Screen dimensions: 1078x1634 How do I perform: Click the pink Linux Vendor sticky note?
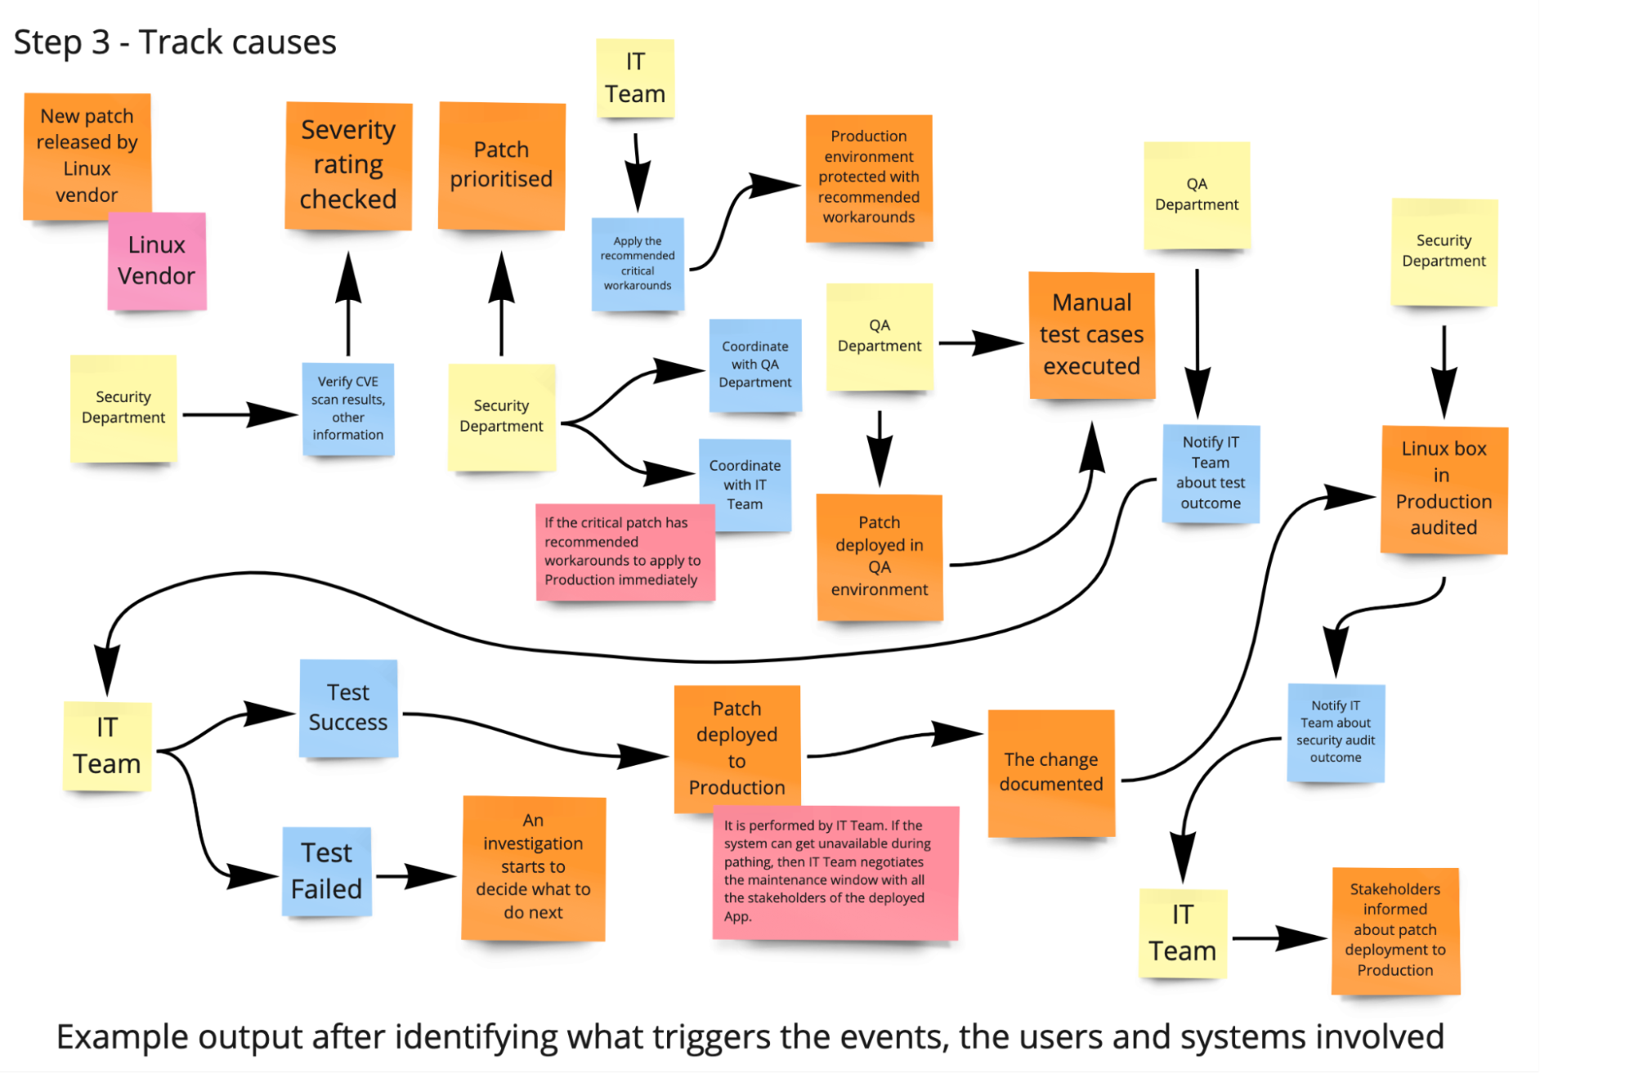pyautogui.click(x=157, y=261)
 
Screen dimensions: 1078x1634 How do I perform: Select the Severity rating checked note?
pyautogui.click(x=348, y=166)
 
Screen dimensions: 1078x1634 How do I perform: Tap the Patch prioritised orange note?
pyautogui.click(x=502, y=166)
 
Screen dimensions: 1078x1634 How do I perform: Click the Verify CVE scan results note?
pyautogui.click(x=348, y=409)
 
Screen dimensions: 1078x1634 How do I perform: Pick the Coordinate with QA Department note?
pyautogui.click(x=755, y=365)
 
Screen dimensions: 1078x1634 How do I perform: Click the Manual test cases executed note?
pyautogui.click(x=1092, y=335)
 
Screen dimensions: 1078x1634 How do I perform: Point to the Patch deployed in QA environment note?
pyautogui.click(x=880, y=557)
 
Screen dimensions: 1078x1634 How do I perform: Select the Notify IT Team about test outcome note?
pyautogui.click(x=1211, y=473)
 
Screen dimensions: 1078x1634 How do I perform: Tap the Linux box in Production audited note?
pyautogui.click(x=1444, y=489)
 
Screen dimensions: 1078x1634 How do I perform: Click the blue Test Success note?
pyautogui.click(x=348, y=708)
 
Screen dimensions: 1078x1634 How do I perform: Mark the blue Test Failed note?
pyautogui.click(x=327, y=871)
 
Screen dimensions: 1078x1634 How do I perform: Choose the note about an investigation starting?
pyautogui.click(x=533, y=867)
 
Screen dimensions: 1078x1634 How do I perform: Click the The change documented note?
pyautogui.click(x=1051, y=772)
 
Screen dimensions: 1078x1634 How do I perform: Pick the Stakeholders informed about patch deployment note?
pyautogui.click(x=1395, y=930)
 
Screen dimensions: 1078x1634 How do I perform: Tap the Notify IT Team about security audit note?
pyautogui.click(x=1336, y=732)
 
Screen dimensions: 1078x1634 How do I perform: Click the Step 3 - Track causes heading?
pyautogui.click(x=175, y=42)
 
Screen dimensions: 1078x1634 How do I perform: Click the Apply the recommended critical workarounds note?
pyautogui.click(x=638, y=263)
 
